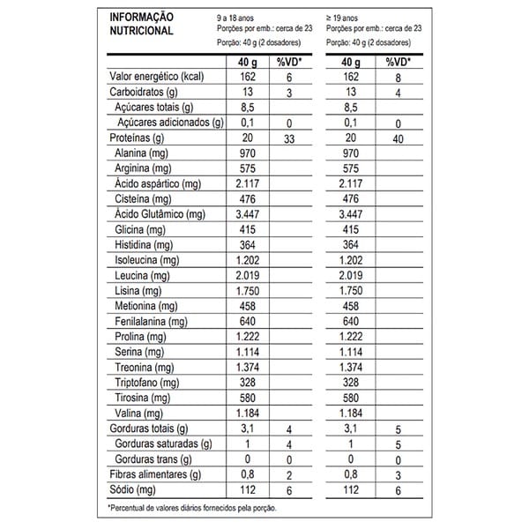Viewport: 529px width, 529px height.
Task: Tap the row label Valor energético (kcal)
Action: click(156, 77)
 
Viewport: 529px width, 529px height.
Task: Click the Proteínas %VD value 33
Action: click(288, 138)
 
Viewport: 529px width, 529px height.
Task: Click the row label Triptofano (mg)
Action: click(147, 383)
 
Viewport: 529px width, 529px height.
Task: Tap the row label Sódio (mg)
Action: click(131, 489)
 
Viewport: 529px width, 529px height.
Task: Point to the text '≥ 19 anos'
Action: click(346, 17)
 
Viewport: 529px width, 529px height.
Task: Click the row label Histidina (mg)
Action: click(142, 244)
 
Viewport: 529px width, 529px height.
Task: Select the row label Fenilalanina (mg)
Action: click(152, 321)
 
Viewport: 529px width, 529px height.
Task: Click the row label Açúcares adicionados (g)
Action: click(171, 123)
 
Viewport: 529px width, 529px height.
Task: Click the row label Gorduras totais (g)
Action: click(149, 428)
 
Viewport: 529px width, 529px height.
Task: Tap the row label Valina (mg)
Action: click(136, 413)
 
